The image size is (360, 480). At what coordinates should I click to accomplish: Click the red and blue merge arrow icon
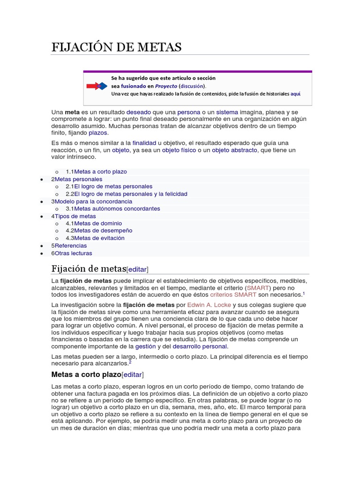pyautogui.click(x=97, y=86)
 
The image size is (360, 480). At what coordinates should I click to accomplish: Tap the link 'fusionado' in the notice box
pyautogui.click(x=133, y=86)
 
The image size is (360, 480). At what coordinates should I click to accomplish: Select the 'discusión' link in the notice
pyautogui.click(x=192, y=86)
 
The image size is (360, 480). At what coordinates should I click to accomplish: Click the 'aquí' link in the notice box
pyautogui.click(x=295, y=94)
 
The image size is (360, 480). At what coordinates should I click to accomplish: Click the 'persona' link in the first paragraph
pyautogui.click(x=189, y=112)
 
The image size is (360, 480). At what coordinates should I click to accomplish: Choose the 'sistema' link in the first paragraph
pyautogui.click(x=227, y=112)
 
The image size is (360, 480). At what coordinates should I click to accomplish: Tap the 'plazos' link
pyautogui.click(x=98, y=133)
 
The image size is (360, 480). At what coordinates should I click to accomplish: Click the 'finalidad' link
pyautogui.click(x=144, y=142)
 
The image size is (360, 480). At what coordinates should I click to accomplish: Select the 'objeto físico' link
pyautogui.click(x=179, y=150)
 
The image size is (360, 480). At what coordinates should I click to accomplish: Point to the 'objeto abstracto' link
pyautogui.click(x=234, y=150)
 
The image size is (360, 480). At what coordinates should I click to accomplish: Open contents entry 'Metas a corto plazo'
pyautogui.click(x=100, y=172)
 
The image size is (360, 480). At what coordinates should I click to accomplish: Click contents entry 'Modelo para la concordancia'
pyautogui.click(x=93, y=202)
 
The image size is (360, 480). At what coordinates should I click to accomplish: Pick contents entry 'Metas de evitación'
pyautogui.click(x=99, y=238)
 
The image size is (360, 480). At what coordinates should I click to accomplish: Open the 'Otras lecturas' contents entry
pyautogui.click(x=73, y=253)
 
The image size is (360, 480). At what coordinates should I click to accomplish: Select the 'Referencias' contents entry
pyautogui.click(x=70, y=246)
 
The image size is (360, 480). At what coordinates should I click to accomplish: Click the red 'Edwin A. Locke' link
pyautogui.click(x=209, y=305)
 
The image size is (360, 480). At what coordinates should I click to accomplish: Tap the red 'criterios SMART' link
pyautogui.click(x=233, y=295)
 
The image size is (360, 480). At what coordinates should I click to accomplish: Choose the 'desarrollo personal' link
pyautogui.click(x=200, y=346)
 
